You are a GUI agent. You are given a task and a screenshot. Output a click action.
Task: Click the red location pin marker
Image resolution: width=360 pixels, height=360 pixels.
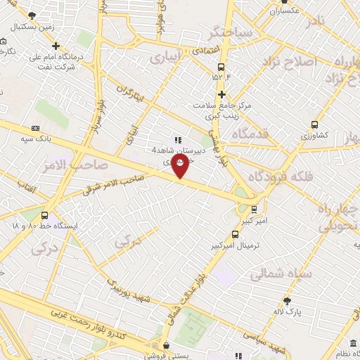181,166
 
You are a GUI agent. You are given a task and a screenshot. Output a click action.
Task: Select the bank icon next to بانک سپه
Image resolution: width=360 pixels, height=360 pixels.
35,128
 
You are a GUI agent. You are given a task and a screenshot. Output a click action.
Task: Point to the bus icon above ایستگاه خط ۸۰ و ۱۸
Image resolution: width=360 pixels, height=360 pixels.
45,216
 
